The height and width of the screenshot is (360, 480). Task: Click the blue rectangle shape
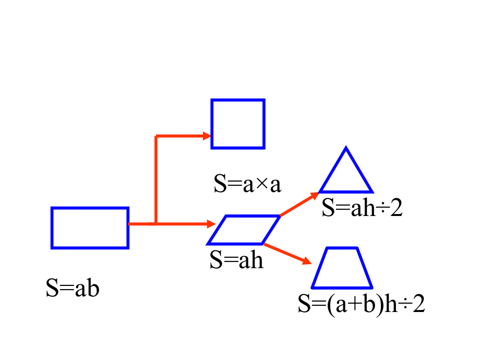(x=52, y=228)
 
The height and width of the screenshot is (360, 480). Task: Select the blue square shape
(x=211, y=124)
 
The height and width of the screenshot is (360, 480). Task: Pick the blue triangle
(x=346, y=192)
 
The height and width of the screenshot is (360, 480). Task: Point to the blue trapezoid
(x=342, y=288)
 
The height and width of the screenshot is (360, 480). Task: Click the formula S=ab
(x=73, y=288)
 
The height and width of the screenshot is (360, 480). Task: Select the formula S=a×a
(x=247, y=183)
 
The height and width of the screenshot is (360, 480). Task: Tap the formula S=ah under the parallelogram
(x=236, y=260)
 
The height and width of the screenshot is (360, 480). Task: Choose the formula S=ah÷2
(x=362, y=208)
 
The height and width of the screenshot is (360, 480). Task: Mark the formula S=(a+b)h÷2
(x=361, y=304)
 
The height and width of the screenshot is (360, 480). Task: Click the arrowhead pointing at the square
(x=207, y=136)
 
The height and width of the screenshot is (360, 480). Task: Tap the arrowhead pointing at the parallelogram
(x=211, y=224)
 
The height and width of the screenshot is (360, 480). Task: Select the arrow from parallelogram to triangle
(x=299, y=204)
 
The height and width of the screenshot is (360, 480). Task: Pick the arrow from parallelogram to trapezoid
(x=287, y=254)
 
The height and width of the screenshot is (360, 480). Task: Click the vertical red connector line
(x=156, y=180)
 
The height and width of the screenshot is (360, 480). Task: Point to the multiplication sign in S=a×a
(x=262, y=185)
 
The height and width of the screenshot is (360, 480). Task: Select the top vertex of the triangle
(x=346, y=147)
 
